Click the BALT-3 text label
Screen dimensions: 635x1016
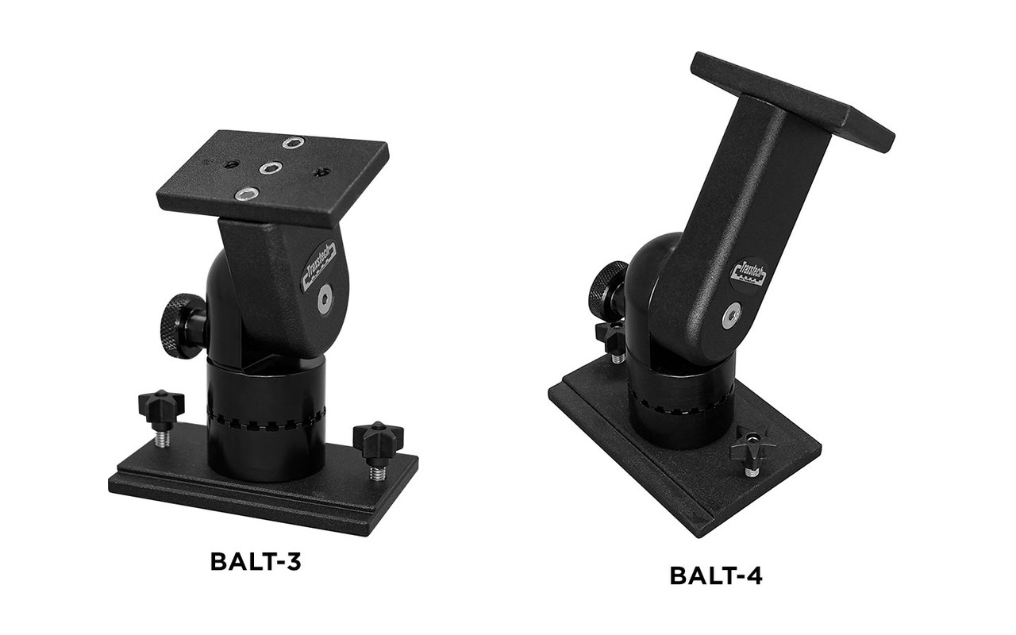(257, 561)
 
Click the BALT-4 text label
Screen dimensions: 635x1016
(716, 575)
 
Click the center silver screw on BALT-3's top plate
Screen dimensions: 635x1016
(271, 167)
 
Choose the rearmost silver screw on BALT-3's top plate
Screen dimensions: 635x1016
(293, 144)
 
